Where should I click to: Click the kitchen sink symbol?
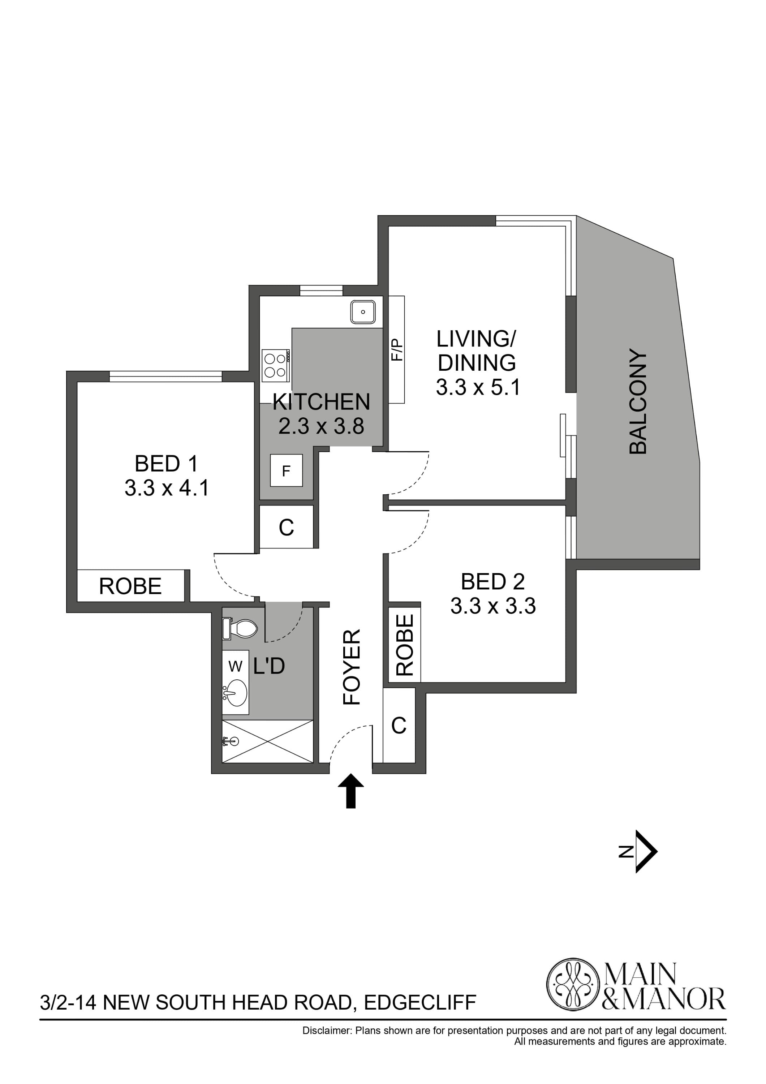pos(362,312)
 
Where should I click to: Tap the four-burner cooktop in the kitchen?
pos(276,365)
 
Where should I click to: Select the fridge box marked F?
pos(286,471)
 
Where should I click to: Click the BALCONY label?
pos(638,402)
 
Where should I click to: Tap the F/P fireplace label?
pos(397,350)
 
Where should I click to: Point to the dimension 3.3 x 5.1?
pos(478,388)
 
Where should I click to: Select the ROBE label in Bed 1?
pos(130,586)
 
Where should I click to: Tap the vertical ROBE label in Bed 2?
pos(404,645)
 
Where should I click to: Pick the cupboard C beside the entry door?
pos(399,725)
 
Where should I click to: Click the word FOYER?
pos(352,667)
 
